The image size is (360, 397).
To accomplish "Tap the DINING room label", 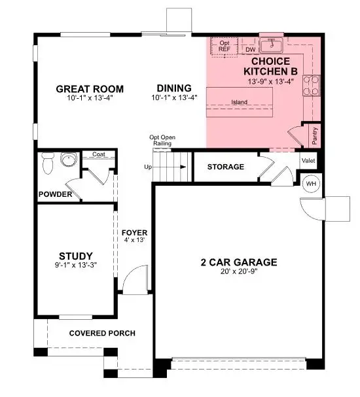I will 173,88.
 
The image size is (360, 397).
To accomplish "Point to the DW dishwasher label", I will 250,49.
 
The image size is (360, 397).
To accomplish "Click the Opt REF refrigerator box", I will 225,46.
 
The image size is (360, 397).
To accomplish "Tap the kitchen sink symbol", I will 270,46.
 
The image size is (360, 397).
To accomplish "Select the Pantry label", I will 315,135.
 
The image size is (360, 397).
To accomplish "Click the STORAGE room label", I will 225,167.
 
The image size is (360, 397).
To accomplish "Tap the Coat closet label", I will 99,155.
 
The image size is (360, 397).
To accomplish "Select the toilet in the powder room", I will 46,164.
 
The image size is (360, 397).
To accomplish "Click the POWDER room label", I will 54,194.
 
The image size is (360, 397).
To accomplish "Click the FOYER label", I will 135,233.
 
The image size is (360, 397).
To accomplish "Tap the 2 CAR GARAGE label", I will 239,263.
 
